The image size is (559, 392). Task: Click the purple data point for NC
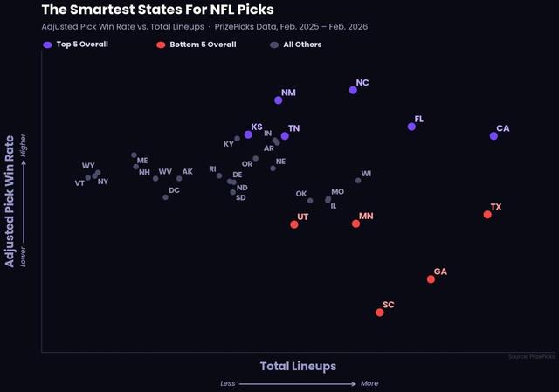pyautogui.click(x=353, y=90)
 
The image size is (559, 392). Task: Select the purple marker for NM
pyautogui.click(x=279, y=100)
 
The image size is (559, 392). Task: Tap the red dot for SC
pyautogui.click(x=380, y=312)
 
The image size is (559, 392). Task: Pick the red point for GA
pyautogui.click(x=431, y=279)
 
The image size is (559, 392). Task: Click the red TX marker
pyautogui.click(x=487, y=214)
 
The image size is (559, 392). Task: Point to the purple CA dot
pyautogui.click(x=493, y=135)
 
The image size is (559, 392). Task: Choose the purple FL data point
pyautogui.click(x=411, y=127)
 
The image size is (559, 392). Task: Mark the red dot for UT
pyautogui.click(x=294, y=224)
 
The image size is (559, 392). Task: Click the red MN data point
pyautogui.click(x=356, y=224)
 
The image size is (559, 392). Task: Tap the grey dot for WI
pyautogui.click(x=358, y=180)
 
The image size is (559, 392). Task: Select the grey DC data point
pyautogui.click(x=165, y=197)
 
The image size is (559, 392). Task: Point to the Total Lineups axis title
pyautogui.click(x=298, y=366)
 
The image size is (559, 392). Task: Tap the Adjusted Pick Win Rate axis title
pyautogui.click(x=10, y=201)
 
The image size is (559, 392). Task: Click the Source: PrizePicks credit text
pyautogui.click(x=531, y=356)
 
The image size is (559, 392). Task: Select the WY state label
pyautogui.click(x=88, y=166)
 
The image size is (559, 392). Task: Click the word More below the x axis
pyautogui.click(x=369, y=383)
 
